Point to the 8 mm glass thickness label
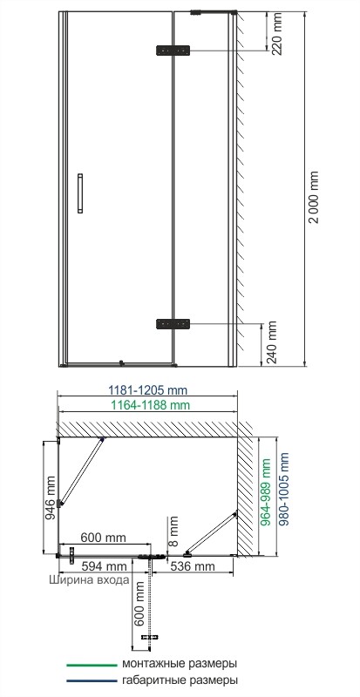click(x=173, y=526)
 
